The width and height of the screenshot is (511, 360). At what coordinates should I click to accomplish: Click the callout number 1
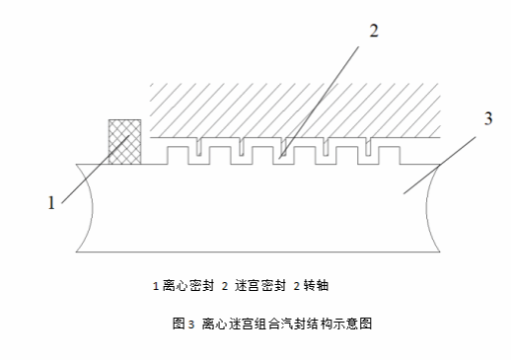click(51, 203)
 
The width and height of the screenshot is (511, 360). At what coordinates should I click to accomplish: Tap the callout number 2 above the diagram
click(374, 31)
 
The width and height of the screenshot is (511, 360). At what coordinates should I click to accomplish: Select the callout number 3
click(488, 118)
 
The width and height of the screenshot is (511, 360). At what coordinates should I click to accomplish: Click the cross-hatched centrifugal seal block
click(125, 142)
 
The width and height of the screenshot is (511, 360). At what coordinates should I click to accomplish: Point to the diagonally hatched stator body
click(295, 110)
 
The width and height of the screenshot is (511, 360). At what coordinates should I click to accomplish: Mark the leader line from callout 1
click(96, 170)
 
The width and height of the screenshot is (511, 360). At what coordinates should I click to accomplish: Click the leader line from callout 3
click(440, 166)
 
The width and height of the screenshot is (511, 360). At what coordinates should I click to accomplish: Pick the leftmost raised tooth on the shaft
click(178, 155)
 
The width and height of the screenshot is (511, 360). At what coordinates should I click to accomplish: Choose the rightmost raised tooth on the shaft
click(389, 155)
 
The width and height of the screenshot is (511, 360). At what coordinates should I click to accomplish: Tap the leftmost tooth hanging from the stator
click(199, 146)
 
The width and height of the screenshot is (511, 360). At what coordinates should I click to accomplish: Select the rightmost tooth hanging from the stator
click(368, 146)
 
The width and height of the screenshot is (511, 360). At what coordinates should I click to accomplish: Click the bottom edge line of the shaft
click(258, 252)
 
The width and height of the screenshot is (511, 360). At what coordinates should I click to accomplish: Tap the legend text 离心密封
click(188, 286)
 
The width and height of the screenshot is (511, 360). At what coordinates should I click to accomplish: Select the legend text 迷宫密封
click(259, 286)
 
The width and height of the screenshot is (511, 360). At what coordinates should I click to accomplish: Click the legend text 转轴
click(316, 286)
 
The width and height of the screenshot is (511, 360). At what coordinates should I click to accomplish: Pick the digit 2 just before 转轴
click(297, 286)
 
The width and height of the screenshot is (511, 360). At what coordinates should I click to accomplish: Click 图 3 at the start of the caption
click(183, 324)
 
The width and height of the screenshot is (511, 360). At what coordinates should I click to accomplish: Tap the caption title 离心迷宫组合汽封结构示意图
click(287, 324)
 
